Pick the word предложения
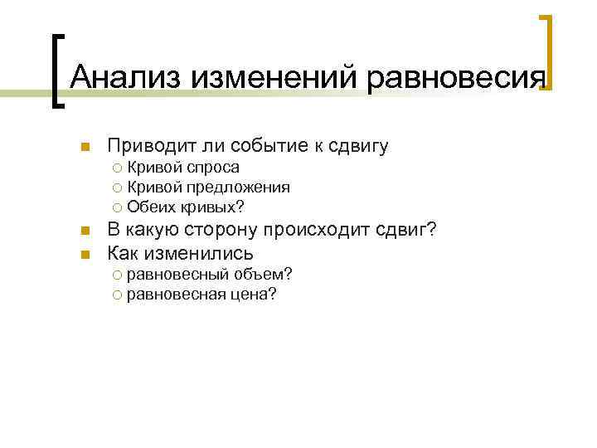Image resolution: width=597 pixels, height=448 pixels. [238, 187]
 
